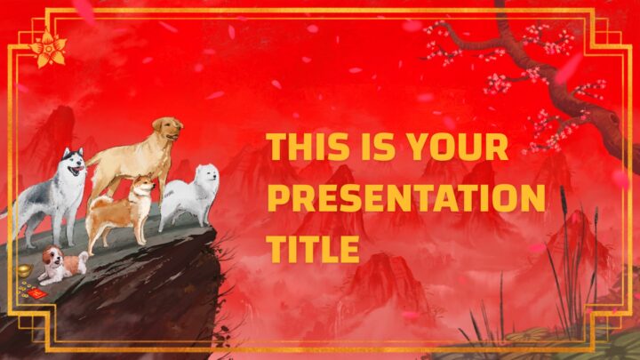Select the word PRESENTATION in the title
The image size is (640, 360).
(406, 198)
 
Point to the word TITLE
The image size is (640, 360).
(313, 249)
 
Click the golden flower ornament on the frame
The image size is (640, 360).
(48, 50)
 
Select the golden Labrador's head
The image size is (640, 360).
(167, 129)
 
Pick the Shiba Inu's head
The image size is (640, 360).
(143, 186)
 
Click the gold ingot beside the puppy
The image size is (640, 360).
(25, 270)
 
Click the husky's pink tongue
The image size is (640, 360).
(80, 169)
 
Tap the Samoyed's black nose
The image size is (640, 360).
(215, 177)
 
